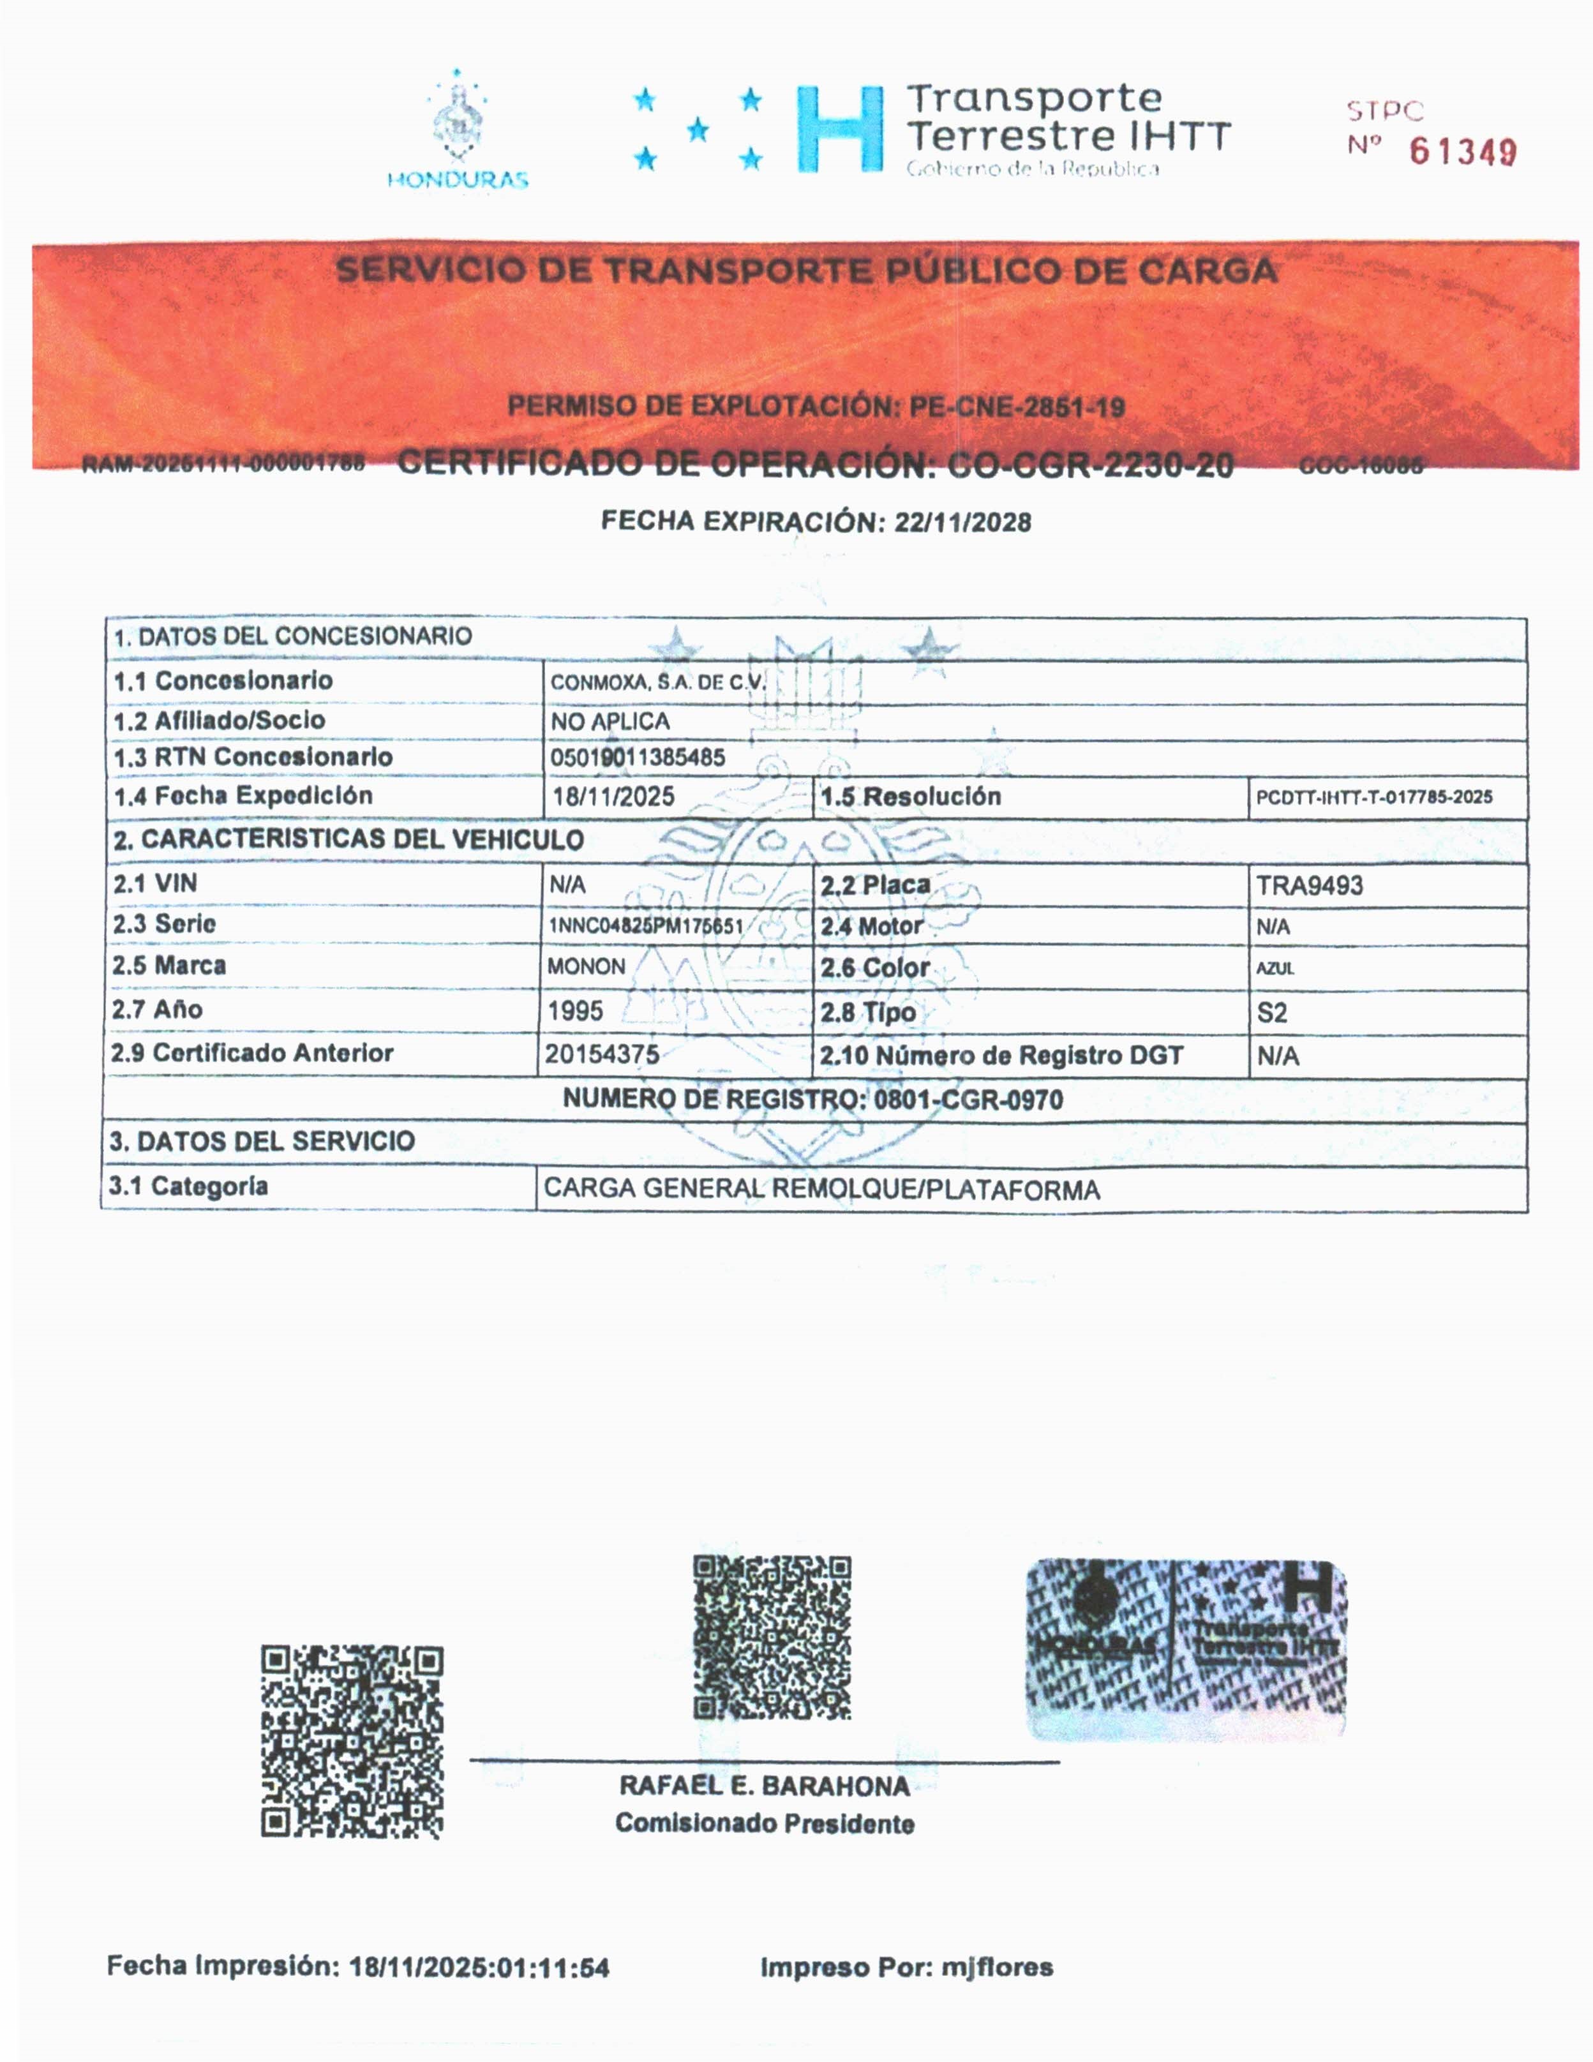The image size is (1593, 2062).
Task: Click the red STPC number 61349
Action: coord(1463,151)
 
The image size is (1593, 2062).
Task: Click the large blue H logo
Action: coord(839,130)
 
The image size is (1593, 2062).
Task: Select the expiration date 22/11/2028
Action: coord(962,522)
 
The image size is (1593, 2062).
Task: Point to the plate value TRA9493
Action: coord(1309,886)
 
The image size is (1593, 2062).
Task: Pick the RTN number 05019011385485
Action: coord(638,757)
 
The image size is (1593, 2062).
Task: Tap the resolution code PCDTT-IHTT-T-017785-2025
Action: coord(1374,797)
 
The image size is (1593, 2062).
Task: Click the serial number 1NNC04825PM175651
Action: coord(646,926)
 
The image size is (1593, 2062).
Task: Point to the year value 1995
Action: coord(575,1011)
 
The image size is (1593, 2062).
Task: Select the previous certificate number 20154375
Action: coord(601,1054)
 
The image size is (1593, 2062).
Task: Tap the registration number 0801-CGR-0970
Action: coord(968,1100)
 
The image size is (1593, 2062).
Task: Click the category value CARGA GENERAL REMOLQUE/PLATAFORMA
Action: coord(821,1190)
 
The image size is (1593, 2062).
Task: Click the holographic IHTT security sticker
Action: coord(1186,1648)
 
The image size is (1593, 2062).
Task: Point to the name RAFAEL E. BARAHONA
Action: coord(764,1786)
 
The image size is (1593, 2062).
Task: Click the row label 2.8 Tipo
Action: coord(867,1012)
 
